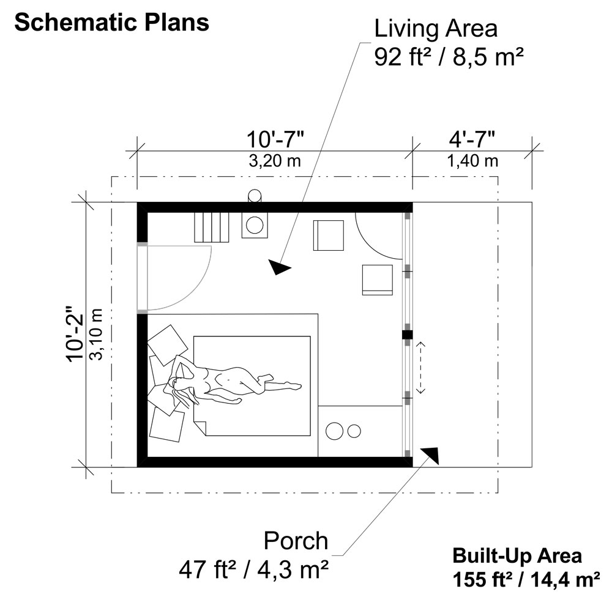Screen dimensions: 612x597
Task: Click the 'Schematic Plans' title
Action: click(111, 22)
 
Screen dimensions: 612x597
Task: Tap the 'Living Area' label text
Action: click(436, 29)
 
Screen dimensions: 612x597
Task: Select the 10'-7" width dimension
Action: click(275, 139)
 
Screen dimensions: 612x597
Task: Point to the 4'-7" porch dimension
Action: click(472, 139)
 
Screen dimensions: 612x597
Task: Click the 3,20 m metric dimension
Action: click(275, 161)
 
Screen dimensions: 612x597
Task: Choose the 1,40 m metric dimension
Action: click(472, 161)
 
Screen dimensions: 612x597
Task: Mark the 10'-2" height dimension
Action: click(75, 333)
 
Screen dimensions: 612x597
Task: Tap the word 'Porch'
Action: click(296, 541)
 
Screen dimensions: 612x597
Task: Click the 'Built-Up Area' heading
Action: click(517, 555)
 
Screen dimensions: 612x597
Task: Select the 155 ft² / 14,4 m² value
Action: click(526, 579)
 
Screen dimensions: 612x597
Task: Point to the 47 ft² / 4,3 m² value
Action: click(253, 570)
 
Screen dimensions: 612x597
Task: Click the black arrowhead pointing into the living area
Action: click(278, 267)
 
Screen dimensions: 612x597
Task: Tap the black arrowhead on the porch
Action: click(431, 455)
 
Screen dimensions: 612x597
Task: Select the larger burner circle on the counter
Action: click(335, 431)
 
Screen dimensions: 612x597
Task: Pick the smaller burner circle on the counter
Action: click(354, 431)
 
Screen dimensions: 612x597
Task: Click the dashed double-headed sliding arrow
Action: click(421, 367)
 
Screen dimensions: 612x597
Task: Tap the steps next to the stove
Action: click(211, 228)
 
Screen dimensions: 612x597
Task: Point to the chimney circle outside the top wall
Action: click(255, 195)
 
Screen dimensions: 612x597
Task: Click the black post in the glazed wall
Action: click(408, 335)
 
